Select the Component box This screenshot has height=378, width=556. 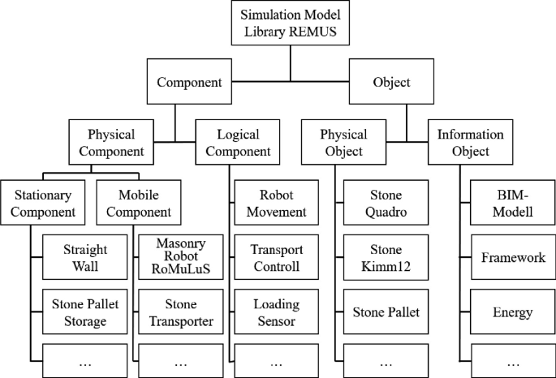pyautogui.click(x=189, y=82)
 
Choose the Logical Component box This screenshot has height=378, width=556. pyautogui.click(x=233, y=142)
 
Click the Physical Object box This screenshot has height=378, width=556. pyautogui.click(x=343, y=142)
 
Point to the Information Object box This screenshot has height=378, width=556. pyautogui.click(x=470, y=142)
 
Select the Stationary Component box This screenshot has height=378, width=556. pyautogui.click(x=43, y=204)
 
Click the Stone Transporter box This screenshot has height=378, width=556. pyautogui.click(x=181, y=312)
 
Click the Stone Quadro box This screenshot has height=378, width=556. pyautogui.click(x=385, y=204)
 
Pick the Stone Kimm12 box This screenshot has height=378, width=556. pyautogui.click(x=385, y=258)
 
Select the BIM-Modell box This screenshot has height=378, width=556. pyautogui.click(x=512, y=204)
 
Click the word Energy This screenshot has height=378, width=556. pyautogui.click(x=512, y=312)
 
